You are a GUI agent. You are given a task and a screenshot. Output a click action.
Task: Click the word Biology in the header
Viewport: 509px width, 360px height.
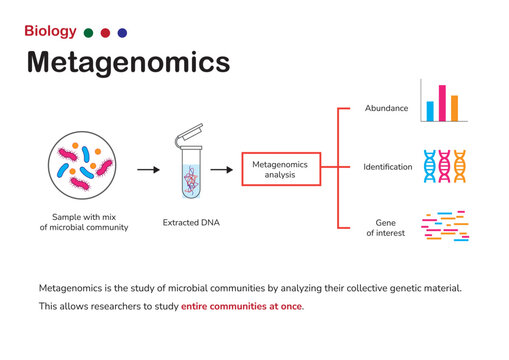49,32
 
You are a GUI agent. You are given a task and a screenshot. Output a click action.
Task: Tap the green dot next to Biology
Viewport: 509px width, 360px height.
89,33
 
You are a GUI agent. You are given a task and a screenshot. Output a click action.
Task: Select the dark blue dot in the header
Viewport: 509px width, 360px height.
122,33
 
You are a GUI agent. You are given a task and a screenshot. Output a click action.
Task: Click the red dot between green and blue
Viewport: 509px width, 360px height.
106,33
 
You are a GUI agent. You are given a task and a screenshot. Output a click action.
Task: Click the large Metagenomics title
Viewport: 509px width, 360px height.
127,62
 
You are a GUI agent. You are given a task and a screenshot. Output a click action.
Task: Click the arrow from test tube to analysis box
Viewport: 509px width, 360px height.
222,169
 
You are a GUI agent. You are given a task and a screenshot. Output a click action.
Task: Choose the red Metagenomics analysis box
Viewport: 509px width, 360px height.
281,168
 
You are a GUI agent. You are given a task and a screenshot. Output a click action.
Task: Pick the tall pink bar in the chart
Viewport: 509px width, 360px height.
442,103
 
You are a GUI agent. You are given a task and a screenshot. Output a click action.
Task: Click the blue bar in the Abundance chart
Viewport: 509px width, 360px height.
430,110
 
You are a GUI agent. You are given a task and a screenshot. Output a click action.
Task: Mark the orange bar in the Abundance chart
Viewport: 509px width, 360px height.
454,107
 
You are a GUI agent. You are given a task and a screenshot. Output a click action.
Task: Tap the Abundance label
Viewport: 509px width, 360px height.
385,107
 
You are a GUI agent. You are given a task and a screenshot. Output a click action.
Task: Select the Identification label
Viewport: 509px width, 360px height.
388,167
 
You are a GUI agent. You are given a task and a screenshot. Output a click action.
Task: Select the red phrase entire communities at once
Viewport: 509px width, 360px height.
242,306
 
